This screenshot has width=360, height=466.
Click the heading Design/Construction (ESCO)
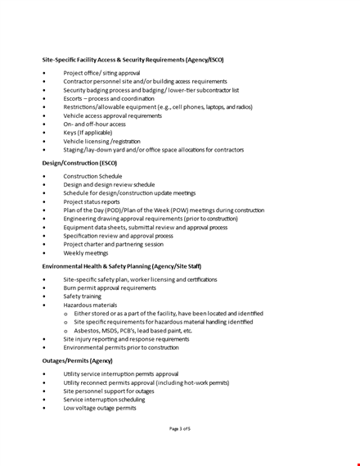(x=79, y=163)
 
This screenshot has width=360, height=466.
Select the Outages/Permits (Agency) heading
(x=77, y=360)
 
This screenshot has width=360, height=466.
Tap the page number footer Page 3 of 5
(x=179, y=428)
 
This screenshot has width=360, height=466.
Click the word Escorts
(x=73, y=98)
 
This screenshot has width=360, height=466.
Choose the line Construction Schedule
(x=92, y=176)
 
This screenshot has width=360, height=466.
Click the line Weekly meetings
(x=85, y=253)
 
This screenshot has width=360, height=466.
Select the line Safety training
(x=83, y=296)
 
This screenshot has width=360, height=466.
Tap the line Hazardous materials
(x=90, y=305)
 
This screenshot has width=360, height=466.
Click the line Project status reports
(x=92, y=201)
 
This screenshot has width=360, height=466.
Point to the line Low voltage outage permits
(x=100, y=407)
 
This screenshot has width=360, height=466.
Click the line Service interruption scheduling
(x=104, y=399)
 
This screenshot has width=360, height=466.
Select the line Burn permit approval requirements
(x=110, y=287)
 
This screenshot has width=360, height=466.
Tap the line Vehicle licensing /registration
(x=101, y=140)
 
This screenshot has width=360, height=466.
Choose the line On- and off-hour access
(x=94, y=123)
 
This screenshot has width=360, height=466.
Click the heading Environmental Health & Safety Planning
(x=121, y=266)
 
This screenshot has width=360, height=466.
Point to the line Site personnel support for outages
(x=110, y=391)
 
